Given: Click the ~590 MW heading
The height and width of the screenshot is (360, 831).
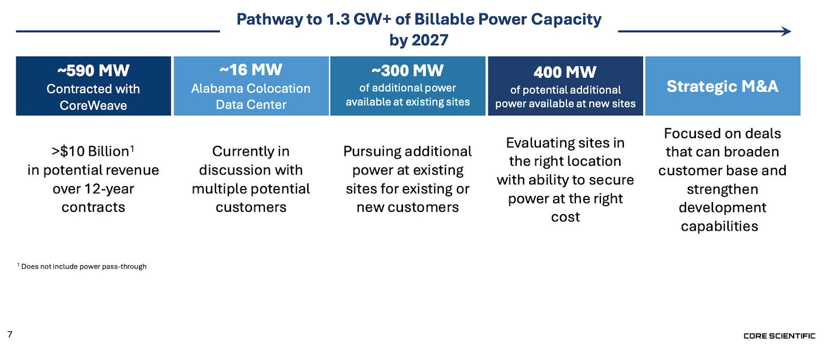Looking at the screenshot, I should click(93, 70).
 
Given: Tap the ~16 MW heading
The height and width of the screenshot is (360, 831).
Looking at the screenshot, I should click(251, 70).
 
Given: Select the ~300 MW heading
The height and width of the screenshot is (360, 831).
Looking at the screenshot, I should click(408, 70).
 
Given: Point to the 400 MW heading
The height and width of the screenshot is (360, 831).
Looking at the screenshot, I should click(565, 72).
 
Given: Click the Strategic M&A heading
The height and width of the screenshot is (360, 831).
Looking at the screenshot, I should click(722, 86).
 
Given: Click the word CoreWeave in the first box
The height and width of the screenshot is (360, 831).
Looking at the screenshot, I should click(93, 105).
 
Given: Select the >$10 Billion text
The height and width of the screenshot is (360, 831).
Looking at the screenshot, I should click(90, 151).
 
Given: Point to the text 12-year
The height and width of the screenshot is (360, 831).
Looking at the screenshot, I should click(110, 189).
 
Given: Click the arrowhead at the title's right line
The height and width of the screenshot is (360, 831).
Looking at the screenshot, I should click(787, 31).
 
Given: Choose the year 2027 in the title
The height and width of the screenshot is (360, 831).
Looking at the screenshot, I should click(430, 40).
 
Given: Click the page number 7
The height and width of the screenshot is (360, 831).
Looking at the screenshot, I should click(10, 334).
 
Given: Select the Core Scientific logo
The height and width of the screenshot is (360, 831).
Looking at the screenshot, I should click(779, 336).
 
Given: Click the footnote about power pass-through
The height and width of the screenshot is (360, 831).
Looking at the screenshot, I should click(83, 266).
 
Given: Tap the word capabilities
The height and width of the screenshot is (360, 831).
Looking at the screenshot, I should click(719, 226).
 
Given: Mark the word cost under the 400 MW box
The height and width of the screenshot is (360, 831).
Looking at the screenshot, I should click(565, 217).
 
